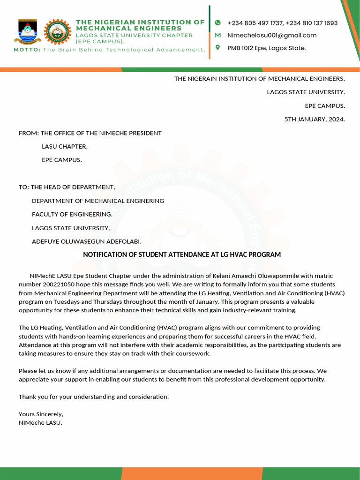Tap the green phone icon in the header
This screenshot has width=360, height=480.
[x=217, y=23]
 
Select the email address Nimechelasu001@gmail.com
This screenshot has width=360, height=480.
[x=272, y=35]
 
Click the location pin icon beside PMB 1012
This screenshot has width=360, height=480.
[x=217, y=47]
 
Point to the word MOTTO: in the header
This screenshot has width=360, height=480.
[x=27, y=50]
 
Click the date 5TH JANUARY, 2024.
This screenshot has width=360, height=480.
[x=315, y=119]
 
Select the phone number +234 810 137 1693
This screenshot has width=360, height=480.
[x=311, y=23]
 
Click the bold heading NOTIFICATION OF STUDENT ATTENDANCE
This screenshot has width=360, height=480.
[x=182, y=255]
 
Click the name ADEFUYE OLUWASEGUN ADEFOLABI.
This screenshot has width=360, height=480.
[x=86, y=241]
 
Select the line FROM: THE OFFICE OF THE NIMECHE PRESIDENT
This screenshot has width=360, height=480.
[x=90, y=133]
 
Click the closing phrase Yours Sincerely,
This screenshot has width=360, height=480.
[x=41, y=414]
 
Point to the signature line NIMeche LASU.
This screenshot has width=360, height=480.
[x=40, y=422]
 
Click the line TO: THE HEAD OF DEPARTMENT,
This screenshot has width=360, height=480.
[x=67, y=187]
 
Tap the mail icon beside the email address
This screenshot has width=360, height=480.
[x=217, y=35]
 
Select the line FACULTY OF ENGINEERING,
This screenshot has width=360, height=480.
[x=72, y=214]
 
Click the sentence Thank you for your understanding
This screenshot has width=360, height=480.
[x=93, y=397]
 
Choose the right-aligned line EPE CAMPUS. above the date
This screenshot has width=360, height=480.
[x=325, y=105]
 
